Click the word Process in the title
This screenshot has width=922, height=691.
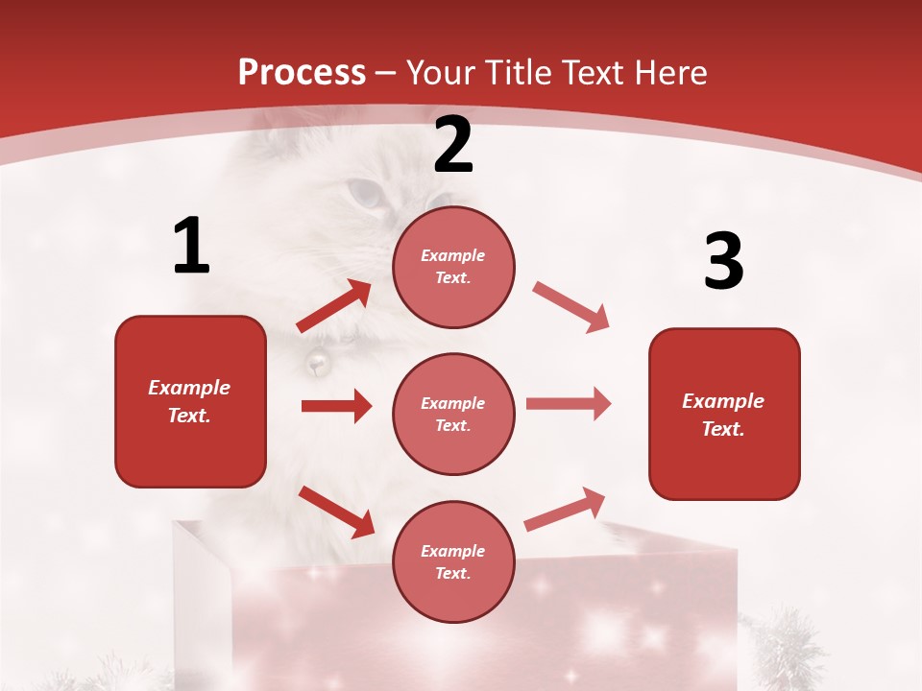click(x=302, y=73)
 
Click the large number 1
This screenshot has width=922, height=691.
click(x=191, y=247)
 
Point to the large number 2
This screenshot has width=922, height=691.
click(x=453, y=146)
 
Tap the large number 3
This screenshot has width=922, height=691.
click(x=723, y=263)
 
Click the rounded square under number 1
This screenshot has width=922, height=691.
click(x=190, y=401)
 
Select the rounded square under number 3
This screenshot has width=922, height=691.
click(x=724, y=415)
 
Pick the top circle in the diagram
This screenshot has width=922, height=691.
click(x=453, y=267)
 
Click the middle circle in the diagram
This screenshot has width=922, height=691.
click(x=453, y=415)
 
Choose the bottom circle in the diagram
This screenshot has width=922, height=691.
click(x=453, y=562)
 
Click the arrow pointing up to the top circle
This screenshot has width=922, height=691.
click(x=334, y=307)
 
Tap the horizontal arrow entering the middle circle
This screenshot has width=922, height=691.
click(x=336, y=406)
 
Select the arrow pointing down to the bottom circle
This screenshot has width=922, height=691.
click(x=336, y=512)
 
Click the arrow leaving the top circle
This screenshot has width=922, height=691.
click(x=570, y=307)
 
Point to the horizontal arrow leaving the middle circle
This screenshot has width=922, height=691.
click(x=569, y=404)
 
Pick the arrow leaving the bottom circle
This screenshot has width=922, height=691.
click(x=565, y=510)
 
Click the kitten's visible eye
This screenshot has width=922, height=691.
click(x=365, y=194)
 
